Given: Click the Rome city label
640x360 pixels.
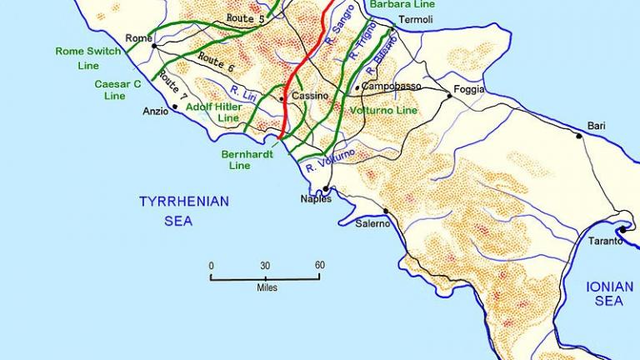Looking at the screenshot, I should point(138,38).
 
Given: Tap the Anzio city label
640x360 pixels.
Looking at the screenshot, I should point(156,111).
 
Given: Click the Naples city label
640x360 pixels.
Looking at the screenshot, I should point(316,199).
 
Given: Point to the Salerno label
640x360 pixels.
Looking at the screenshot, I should point(372,224).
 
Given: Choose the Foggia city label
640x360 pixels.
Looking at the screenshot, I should point(468,89).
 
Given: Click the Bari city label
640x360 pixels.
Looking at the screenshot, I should point(596,125).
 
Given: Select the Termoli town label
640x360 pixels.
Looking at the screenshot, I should point(416,19).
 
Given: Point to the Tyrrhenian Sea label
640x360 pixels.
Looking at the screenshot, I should point(183,211).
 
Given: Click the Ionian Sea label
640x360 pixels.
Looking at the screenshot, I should point(609,293).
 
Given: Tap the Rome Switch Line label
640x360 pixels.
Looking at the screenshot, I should point(87,57).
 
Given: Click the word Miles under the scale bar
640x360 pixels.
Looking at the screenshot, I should point(267,287).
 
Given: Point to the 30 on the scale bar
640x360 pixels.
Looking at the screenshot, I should point(265,266).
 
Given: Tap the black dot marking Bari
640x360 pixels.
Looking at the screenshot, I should point(578,135).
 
